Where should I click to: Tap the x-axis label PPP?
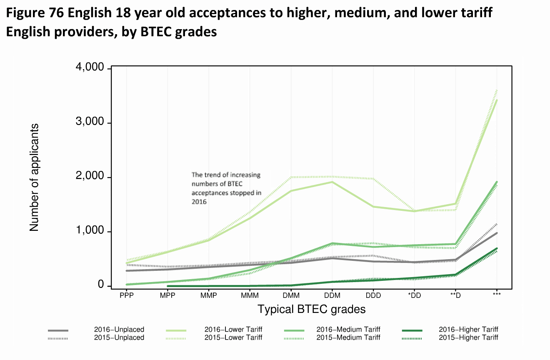(x=126, y=295)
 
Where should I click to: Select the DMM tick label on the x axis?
(x=291, y=295)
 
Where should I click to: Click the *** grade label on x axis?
(x=496, y=295)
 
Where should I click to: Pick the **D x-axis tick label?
(x=455, y=295)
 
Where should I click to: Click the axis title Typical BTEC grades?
(x=311, y=309)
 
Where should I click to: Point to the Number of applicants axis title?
(x=34, y=177)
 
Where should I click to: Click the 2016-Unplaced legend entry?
(x=119, y=330)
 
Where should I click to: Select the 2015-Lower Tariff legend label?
(x=233, y=337)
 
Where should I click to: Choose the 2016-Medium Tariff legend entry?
(x=348, y=330)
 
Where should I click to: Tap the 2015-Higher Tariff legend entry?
(x=468, y=337)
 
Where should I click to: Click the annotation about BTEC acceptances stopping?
(x=226, y=188)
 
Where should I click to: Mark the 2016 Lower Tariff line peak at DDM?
(x=332, y=182)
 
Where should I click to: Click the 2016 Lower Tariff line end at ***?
(x=496, y=100)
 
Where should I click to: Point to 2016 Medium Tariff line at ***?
(x=496, y=182)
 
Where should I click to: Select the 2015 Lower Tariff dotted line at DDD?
(x=373, y=179)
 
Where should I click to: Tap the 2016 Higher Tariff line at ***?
(x=496, y=249)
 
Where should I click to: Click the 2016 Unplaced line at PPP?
(x=126, y=271)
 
